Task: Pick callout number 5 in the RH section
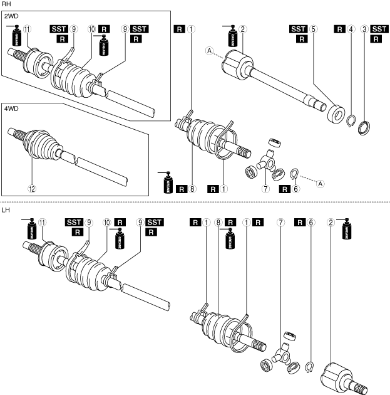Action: (316, 29)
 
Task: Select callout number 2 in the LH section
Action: (331, 222)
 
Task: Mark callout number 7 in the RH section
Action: (265, 188)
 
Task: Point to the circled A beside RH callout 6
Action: (320, 184)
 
